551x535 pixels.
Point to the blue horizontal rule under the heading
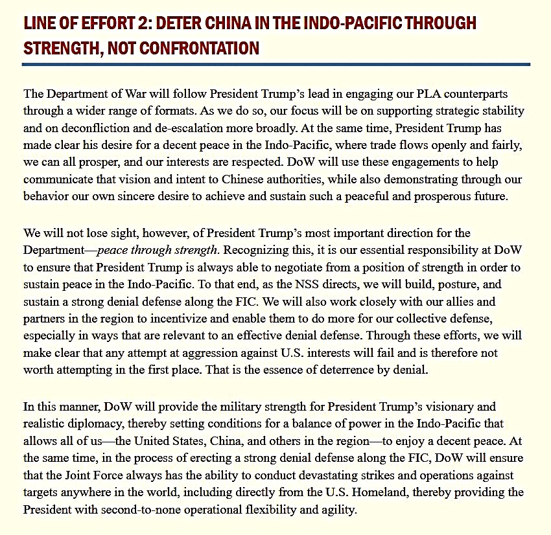pos(275,64)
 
